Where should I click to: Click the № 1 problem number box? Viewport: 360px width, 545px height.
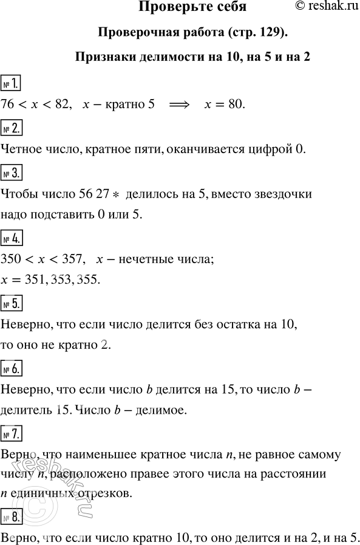(13, 81)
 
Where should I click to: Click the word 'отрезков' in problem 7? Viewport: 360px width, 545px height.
(102, 493)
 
